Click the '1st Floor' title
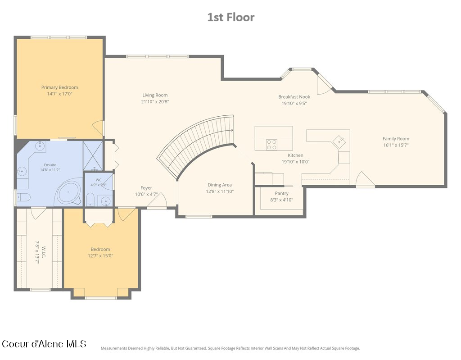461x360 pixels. pyautogui.click(x=231, y=18)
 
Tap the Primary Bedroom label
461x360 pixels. pyautogui.click(x=60, y=87)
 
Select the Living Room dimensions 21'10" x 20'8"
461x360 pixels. pyautogui.click(x=155, y=102)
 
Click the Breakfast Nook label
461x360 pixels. pyautogui.click(x=294, y=97)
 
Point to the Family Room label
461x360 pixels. pyautogui.click(x=396, y=139)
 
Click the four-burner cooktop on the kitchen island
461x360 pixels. pyautogui.click(x=271, y=145)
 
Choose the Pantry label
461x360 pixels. pyautogui.click(x=282, y=193)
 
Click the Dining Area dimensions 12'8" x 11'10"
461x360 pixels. pyautogui.click(x=220, y=191)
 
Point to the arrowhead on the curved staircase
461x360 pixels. pyautogui.click(x=232, y=130)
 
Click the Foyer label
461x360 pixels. pyautogui.click(x=146, y=188)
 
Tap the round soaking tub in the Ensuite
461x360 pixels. pyautogui.click(x=69, y=192)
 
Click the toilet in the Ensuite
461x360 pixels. pyautogui.click(x=23, y=197)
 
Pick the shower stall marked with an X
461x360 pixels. pyautogui.click(x=93, y=156)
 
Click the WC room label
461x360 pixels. pyautogui.click(x=99, y=180)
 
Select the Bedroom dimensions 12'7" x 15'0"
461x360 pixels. pyautogui.click(x=100, y=256)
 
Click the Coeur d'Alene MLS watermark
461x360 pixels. pyautogui.click(x=44, y=344)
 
